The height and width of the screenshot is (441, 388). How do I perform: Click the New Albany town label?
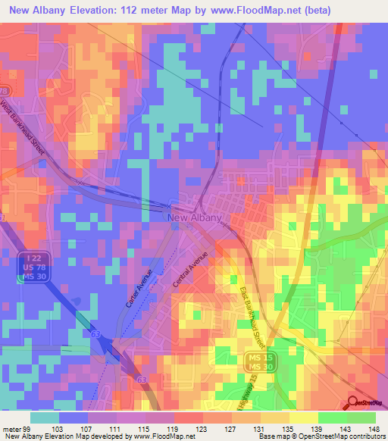tap(194, 217)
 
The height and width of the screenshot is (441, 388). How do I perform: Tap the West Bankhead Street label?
tap(23, 129)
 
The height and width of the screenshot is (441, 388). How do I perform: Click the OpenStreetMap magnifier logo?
tap(352, 403)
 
